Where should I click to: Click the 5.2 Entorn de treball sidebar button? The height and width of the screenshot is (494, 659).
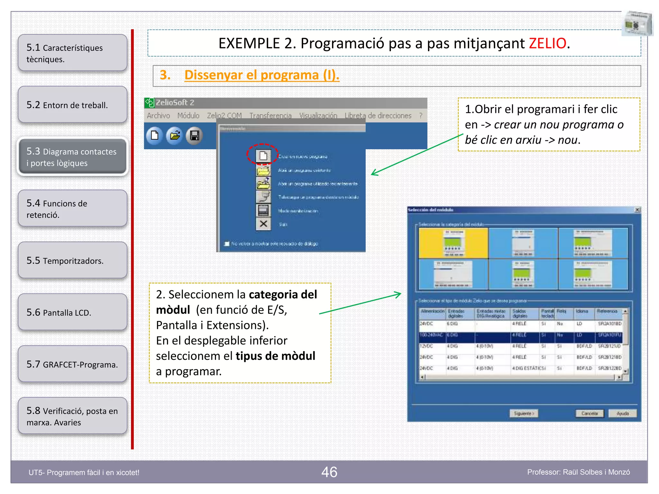pyautogui.click(x=72, y=105)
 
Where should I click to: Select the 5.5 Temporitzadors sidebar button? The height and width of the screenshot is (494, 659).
pyautogui.click(x=72, y=260)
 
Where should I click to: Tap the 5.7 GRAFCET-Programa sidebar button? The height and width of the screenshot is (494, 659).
pyautogui.click(x=72, y=364)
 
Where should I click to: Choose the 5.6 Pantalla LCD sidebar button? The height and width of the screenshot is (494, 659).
pyautogui.click(x=72, y=312)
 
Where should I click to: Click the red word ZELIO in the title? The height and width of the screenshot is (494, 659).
pyautogui.click(x=547, y=43)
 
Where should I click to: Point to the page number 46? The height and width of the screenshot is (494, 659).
pyautogui.click(x=329, y=472)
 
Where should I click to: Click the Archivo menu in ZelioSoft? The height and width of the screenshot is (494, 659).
pyautogui.click(x=158, y=115)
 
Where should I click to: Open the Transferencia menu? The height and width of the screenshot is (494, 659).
pyautogui.click(x=270, y=115)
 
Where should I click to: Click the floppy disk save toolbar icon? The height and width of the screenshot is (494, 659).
pyautogui.click(x=194, y=136)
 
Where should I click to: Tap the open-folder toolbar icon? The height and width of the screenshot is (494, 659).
pyautogui.click(x=174, y=136)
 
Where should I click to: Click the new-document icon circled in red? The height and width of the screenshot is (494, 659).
pyautogui.click(x=263, y=156)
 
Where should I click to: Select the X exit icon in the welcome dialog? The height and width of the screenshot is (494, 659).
pyautogui.click(x=263, y=224)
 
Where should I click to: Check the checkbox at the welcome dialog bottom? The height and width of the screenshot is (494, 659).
pyautogui.click(x=227, y=243)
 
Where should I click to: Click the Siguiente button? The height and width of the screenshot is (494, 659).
pyautogui.click(x=524, y=413)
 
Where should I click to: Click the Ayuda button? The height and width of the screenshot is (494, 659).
pyautogui.click(x=622, y=413)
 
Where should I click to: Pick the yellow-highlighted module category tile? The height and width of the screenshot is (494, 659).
pyautogui.click(x=453, y=243)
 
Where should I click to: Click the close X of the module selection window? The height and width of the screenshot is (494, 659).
pyautogui.click(x=637, y=210)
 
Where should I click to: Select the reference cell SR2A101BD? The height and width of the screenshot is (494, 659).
pyautogui.click(x=609, y=324)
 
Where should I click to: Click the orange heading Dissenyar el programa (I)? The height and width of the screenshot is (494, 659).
pyautogui.click(x=262, y=75)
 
